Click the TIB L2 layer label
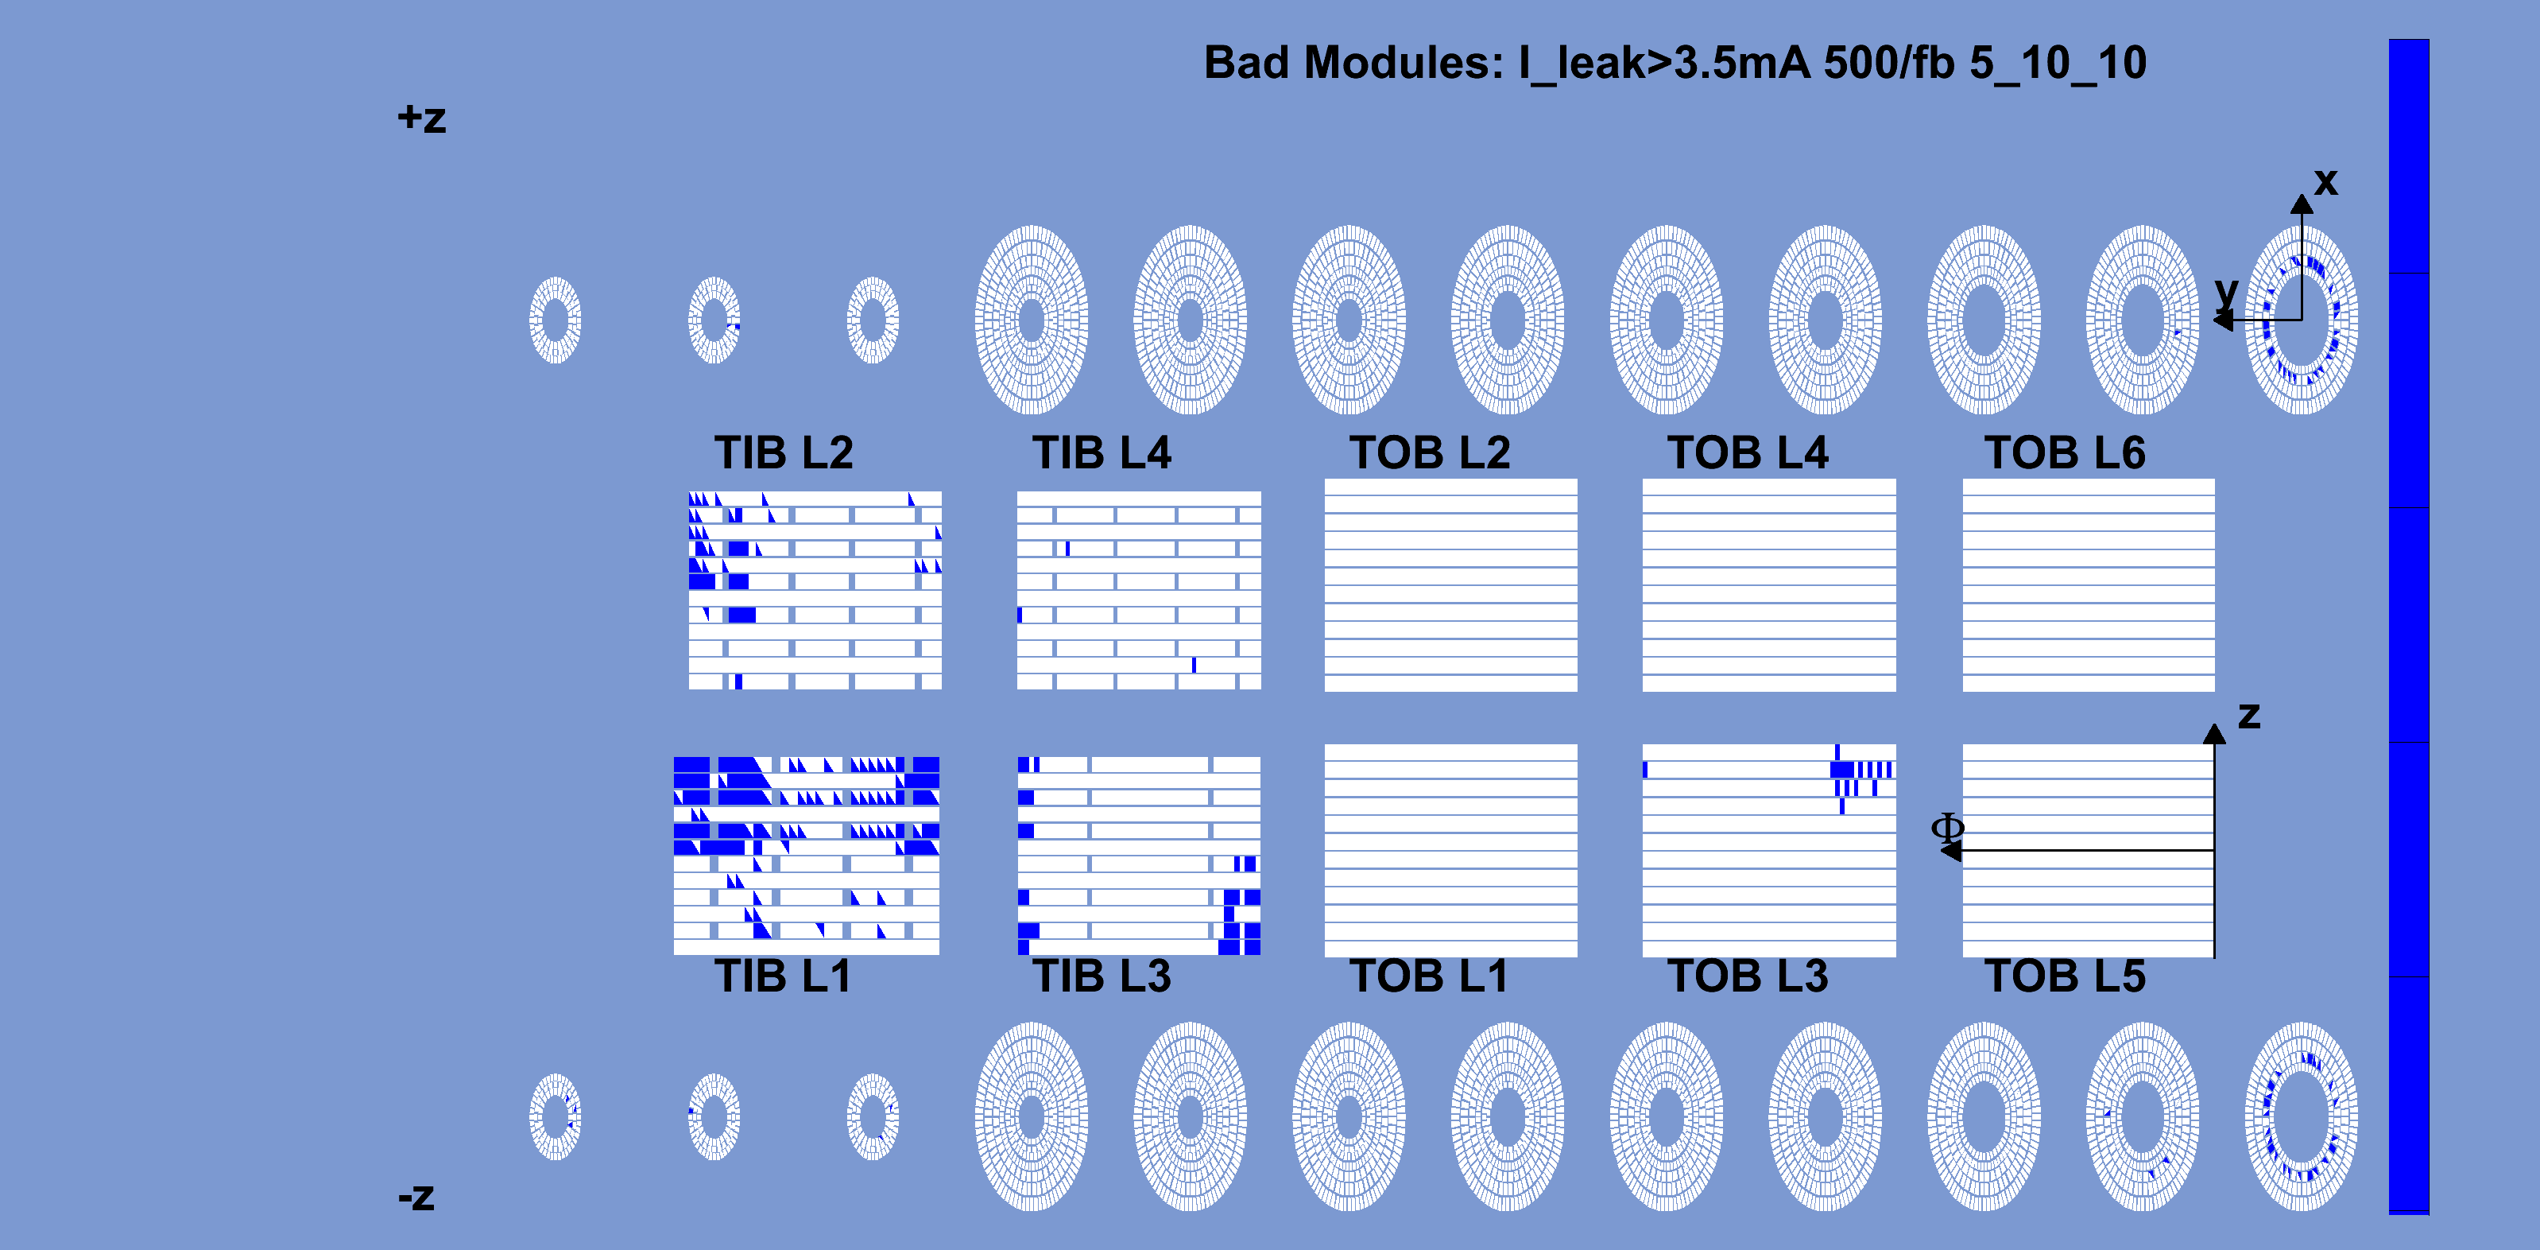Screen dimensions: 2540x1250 [x=784, y=452]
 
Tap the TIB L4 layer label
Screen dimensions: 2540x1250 [x=1102, y=452]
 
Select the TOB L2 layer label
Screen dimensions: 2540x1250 [x=1430, y=452]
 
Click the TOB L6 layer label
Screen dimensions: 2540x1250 [x=2065, y=452]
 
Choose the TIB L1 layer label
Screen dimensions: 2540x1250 [x=783, y=976]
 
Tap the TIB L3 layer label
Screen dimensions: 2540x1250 [x=1102, y=976]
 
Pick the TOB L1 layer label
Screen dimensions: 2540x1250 [x=1429, y=976]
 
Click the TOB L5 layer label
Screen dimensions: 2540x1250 [x=2065, y=976]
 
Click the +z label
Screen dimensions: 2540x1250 [x=422, y=118]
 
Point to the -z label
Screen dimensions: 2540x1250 [x=416, y=1197]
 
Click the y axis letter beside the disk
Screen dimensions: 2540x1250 [x=2226, y=293]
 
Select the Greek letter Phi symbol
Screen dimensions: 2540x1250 [x=1947, y=828]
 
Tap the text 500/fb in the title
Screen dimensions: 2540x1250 [x=1889, y=63]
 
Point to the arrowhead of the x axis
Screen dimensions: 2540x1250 [x=2302, y=204]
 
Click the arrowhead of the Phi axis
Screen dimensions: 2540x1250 [x=1950, y=851]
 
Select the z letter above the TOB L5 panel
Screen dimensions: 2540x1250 [x=2249, y=716]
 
